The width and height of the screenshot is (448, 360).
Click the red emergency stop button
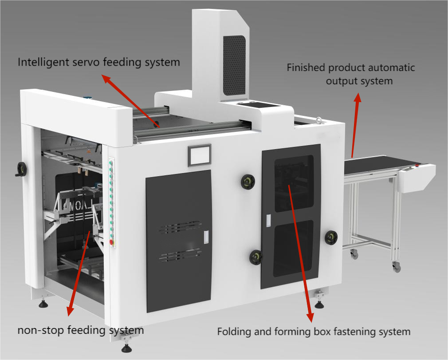coord(111,242)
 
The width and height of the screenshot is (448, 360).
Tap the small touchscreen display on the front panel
coord(199,155)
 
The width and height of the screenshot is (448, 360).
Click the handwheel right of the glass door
coord(330,237)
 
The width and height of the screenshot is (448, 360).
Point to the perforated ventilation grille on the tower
coord(234,65)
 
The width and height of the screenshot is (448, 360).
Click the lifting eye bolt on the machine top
coord(318,120)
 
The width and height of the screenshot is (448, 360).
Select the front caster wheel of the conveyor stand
coord(396,267)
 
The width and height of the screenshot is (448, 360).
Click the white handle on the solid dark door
coord(206,237)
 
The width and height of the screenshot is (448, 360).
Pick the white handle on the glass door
coord(268,221)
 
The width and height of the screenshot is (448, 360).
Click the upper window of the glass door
coord(294,183)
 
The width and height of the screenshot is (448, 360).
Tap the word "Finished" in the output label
coord(306,68)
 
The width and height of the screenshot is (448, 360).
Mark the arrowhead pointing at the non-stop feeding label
coord(69,311)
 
